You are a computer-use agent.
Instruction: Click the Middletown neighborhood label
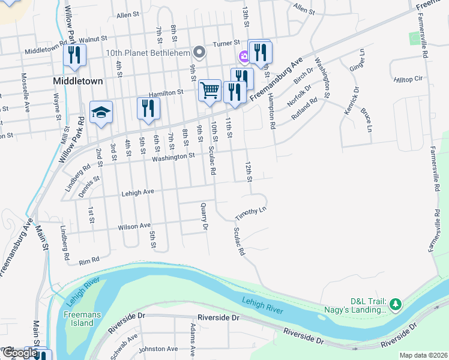tap(77, 80)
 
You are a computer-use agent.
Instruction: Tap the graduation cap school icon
tap(101, 112)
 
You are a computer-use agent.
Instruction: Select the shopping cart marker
tap(209, 91)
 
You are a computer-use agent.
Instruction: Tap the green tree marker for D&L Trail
tap(395, 305)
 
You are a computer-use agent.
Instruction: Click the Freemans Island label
tap(79, 319)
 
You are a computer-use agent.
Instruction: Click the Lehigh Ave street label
tap(138, 191)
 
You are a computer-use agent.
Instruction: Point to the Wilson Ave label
tap(134, 226)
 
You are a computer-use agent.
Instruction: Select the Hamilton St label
tap(166, 93)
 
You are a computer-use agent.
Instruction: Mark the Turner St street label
tap(227, 43)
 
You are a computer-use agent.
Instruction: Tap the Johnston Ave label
tap(158, 349)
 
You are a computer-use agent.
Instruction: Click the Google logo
tap(19, 353)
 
